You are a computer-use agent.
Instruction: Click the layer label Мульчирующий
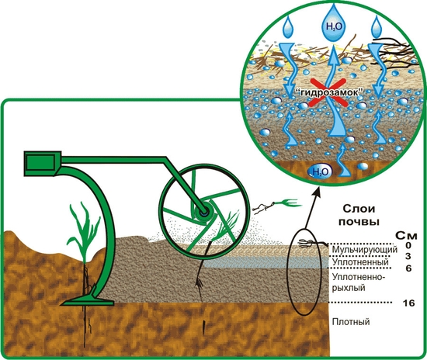point(365,249)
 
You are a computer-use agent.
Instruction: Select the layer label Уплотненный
point(360,262)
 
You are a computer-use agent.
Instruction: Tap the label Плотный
point(351,322)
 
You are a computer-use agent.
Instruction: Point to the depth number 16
point(408,303)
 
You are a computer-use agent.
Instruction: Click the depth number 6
point(408,268)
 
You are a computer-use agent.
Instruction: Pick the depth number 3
point(408,256)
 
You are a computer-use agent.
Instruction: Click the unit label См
point(406,235)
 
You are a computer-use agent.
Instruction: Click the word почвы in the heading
point(359,222)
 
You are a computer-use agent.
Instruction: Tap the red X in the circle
point(328,92)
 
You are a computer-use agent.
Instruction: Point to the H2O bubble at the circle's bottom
point(320,171)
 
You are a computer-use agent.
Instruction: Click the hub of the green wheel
point(203,211)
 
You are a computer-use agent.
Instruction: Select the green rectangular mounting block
point(43,164)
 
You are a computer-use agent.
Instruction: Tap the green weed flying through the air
point(288,203)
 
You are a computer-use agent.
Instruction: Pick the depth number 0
point(408,245)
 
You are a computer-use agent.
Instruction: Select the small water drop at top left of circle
point(288,27)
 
